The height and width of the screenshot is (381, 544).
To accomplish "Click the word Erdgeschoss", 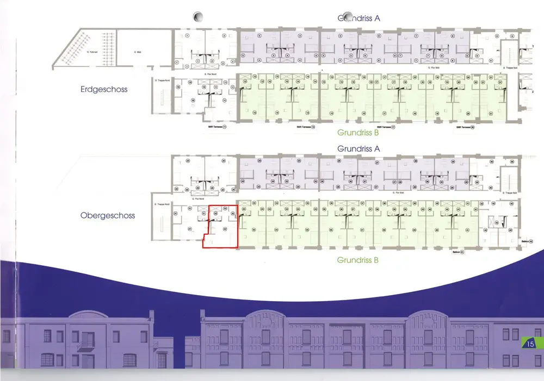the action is tap(104, 89).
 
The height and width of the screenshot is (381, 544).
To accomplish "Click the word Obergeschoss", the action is tap(108, 216).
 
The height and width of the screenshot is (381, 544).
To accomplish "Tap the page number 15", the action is tap(530, 343).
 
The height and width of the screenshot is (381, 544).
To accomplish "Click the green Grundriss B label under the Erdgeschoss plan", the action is tap(358, 133).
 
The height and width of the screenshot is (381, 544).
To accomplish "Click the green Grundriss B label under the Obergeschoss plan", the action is tap(358, 260).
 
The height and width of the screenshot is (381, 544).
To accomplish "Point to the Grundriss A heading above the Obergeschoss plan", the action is tap(358, 148).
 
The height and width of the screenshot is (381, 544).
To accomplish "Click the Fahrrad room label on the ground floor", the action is tap(91, 52).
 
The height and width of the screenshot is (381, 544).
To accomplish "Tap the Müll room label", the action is tap(138, 52).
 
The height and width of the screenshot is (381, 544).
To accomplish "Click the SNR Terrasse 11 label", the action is tap(217, 127).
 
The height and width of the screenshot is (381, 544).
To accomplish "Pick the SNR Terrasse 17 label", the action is tap(385, 127).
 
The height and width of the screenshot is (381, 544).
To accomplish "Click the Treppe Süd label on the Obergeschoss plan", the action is tap(512, 193).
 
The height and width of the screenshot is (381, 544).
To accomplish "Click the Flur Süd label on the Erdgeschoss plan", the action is tap(434, 68).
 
